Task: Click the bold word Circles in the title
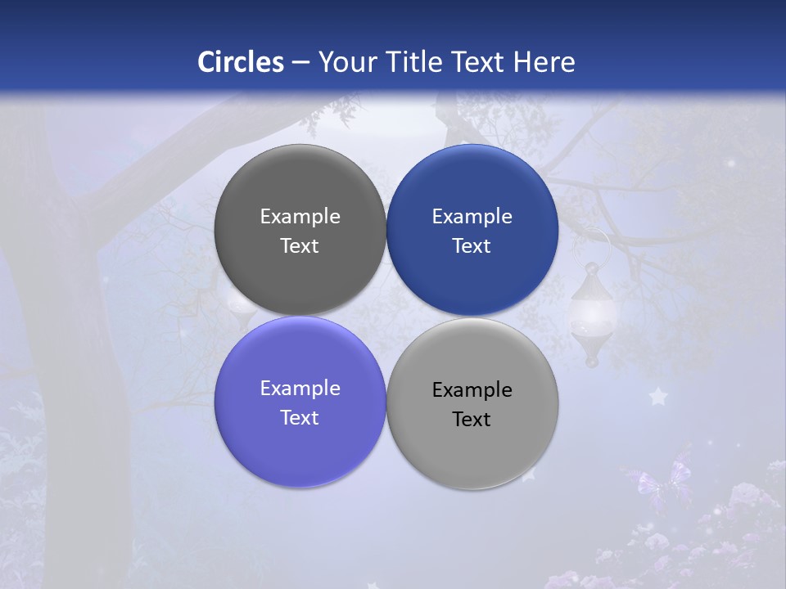point(241,62)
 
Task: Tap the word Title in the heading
point(416,62)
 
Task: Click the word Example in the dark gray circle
point(300,216)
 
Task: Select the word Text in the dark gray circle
point(300,245)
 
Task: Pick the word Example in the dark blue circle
point(472,216)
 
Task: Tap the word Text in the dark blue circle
point(472,245)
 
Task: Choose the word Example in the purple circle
point(300,388)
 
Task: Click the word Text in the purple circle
point(300,417)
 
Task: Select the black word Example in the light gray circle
point(472,389)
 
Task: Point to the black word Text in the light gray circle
point(472,419)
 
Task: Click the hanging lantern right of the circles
point(592,315)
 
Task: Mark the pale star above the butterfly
point(657,397)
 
